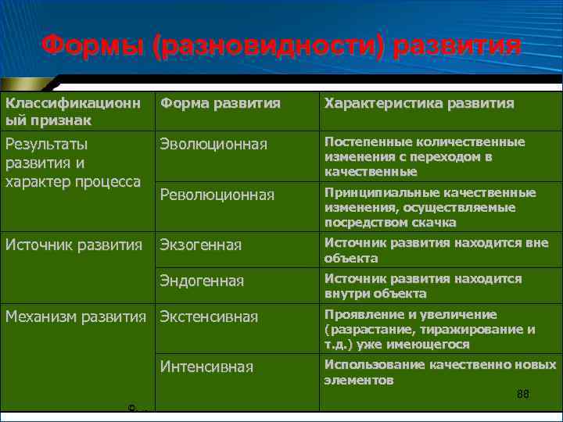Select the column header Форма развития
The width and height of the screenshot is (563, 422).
(x=220, y=103)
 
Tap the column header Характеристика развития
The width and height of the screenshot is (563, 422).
(x=419, y=103)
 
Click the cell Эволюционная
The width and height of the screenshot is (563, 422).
(x=213, y=145)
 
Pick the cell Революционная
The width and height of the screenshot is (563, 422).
(x=217, y=195)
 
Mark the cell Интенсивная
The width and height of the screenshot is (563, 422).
(x=206, y=367)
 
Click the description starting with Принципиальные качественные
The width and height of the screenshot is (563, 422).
(x=430, y=207)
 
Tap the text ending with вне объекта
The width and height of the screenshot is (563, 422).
(x=436, y=251)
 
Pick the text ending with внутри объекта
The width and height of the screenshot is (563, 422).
(x=423, y=286)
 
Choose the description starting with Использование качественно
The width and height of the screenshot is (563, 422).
(x=440, y=372)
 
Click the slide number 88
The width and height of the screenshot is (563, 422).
(x=523, y=395)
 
